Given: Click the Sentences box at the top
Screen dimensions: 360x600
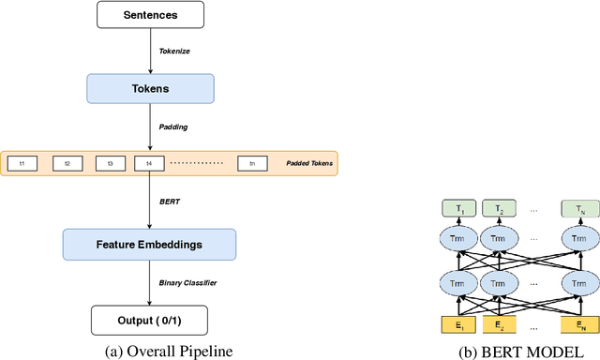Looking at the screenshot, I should pyautogui.click(x=150, y=16).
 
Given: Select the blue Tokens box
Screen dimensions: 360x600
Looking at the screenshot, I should pyautogui.click(x=150, y=89).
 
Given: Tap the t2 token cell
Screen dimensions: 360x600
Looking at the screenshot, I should pyautogui.click(x=67, y=163).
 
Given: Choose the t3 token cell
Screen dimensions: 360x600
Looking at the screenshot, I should pyautogui.click(x=110, y=163).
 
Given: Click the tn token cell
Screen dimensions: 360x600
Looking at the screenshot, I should pyautogui.click(x=253, y=163).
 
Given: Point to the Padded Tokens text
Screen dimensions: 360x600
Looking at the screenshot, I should pyautogui.click(x=307, y=163).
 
